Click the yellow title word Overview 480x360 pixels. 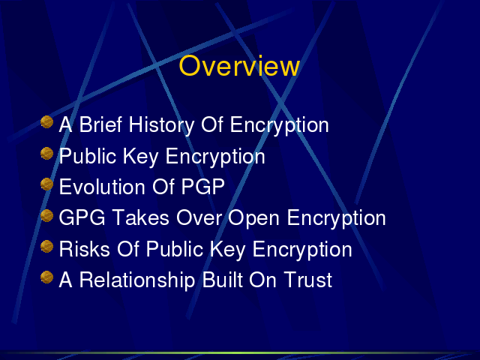tap(239, 65)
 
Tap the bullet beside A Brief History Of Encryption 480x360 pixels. tap(46, 121)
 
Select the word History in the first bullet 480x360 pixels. tap(161, 125)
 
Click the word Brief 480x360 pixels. tap(100, 124)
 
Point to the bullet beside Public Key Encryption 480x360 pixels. tap(46, 153)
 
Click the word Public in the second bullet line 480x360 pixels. tap(88, 156)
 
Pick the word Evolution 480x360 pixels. tap(102, 187)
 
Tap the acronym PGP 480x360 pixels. tap(203, 187)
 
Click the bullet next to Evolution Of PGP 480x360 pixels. tap(46, 184)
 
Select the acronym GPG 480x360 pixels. tap(82, 217)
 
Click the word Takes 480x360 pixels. tap(141, 217)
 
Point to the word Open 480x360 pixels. tap(253, 218)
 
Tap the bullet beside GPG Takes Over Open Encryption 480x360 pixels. tap(46, 215)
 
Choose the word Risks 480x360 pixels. tap(85, 249)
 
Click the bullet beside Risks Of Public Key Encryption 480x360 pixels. tap(46, 246)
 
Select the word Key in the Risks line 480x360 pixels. tap(227, 250)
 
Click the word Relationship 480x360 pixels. tap(137, 280)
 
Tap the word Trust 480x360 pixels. tap(308, 280)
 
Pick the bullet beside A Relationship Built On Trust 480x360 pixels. tap(46, 277)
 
